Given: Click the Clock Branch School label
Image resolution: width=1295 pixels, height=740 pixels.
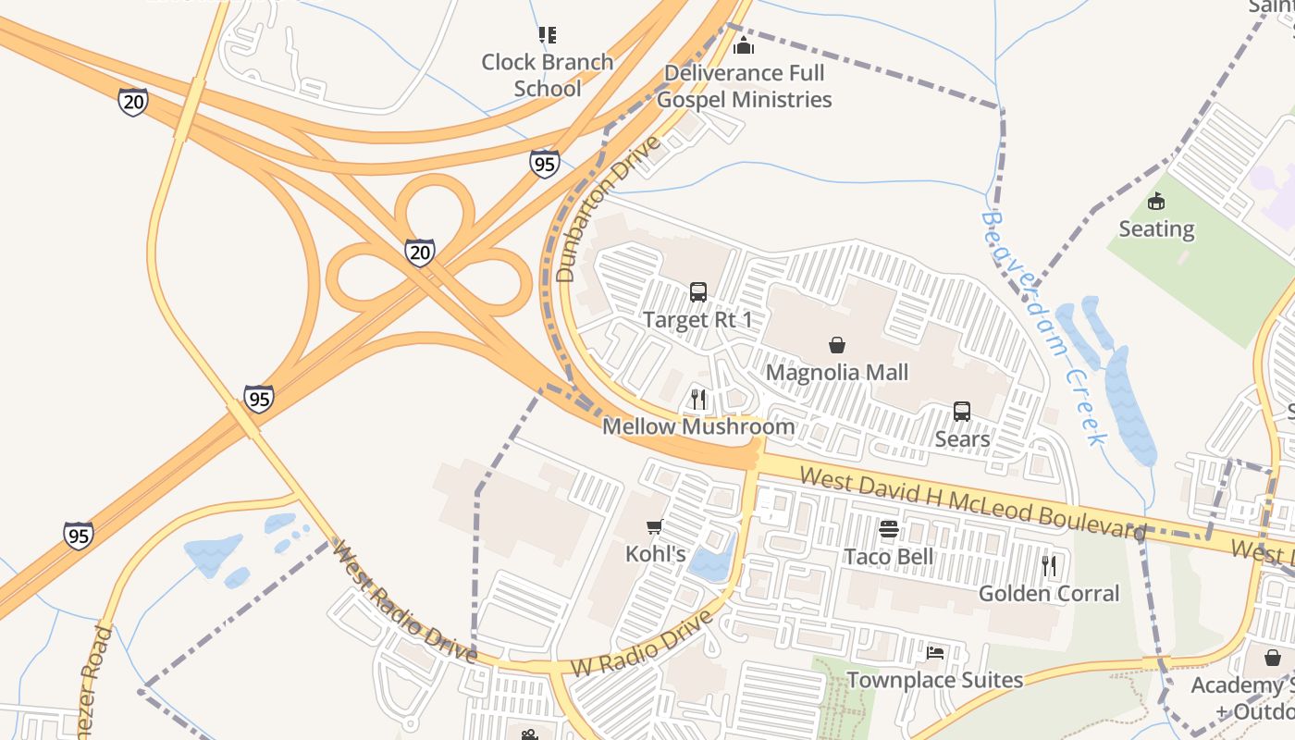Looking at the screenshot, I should click(x=548, y=75).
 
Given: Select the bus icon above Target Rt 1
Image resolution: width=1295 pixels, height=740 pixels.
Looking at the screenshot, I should click(x=698, y=292).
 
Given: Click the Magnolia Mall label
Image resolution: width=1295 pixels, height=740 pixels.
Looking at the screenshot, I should click(x=837, y=372).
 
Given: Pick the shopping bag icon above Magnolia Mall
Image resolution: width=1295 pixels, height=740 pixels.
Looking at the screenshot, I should click(x=837, y=345).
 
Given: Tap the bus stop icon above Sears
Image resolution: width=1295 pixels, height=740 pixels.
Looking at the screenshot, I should click(x=962, y=412).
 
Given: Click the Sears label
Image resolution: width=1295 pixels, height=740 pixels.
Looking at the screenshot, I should click(x=962, y=438).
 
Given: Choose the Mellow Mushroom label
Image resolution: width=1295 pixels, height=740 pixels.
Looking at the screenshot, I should click(x=698, y=426).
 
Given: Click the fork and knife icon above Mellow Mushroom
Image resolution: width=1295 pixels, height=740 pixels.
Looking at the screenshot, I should click(x=698, y=400).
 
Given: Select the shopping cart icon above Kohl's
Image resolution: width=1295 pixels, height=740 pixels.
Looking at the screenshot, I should click(x=655, y=527).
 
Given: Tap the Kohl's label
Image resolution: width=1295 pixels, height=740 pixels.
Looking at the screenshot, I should click(x=656, y=554).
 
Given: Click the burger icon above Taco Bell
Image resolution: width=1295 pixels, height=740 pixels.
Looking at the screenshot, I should click(x=889, y=529).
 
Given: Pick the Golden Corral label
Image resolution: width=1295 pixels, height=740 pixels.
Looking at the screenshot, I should click(x=1049, y=593).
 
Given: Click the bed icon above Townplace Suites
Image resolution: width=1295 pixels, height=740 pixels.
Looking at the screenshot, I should click(x=935, y=653).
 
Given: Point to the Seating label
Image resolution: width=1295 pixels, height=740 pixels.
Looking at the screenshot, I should click(x=1156, y=228).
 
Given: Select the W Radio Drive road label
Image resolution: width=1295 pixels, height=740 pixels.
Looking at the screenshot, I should click(x=643, y=643).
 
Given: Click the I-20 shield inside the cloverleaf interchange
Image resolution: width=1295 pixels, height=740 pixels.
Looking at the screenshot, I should click(x=420, y=253).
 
